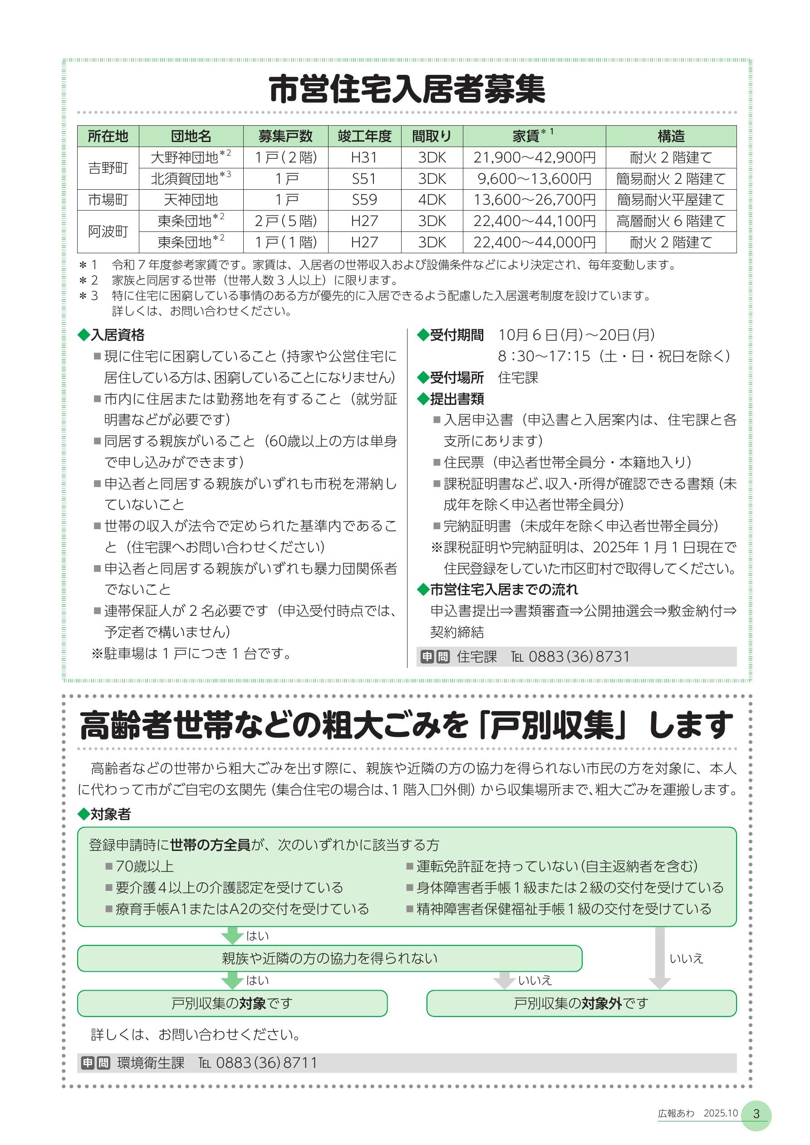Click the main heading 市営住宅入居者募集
pyautogui.click(x=407, y=90)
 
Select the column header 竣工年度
pyautogui.click(x=364, y=136)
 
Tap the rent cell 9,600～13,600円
pyautogui.click(x=534, y=178)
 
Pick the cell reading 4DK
pyautogui.click(x=432, y=200)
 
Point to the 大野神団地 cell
pyautogui.click(x=190, y=157)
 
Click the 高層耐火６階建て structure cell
pyautogui.click(x=670, y=221)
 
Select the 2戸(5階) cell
pyautogui.click(x=285, y=221)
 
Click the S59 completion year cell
pyautogui.click(x=364, y=200)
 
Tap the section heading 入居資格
pyautogui.click(x=117, y=334)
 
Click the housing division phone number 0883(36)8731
pyautogui.click(x=579, y=657)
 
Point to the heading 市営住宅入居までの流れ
pyautogui.click(x=503, y=590)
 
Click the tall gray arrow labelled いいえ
pyautogui.click(x=659, y=958)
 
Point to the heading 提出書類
pyautogui.click(x=457, y=398)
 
